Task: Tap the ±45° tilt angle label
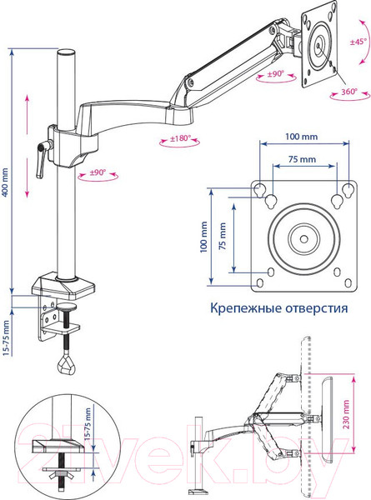coord(358,41)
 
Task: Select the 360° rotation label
coord(348,91)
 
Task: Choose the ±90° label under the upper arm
coord(270,74)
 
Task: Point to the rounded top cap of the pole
coord(65,53)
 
